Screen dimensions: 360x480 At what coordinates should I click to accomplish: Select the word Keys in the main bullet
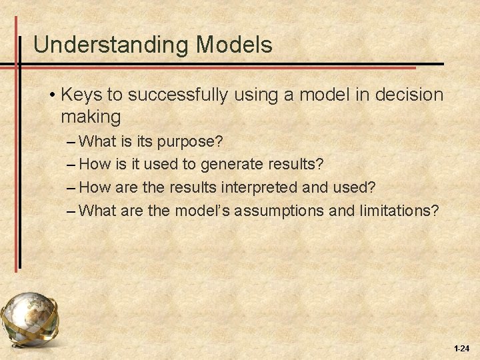pyautogui.click(x=81, y=95)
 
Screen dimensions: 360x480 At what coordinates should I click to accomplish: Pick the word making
pyautogui.click(x=91, y=117)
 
